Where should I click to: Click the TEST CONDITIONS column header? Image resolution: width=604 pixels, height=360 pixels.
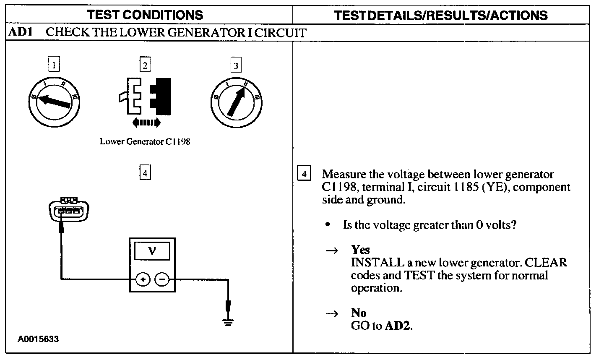pos(145,15)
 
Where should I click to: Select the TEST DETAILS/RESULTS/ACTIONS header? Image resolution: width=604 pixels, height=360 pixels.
pos(440,16)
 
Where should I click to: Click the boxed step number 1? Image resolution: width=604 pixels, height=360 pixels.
pos(54,65)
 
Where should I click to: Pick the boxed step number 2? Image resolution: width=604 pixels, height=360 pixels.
pos(145,65)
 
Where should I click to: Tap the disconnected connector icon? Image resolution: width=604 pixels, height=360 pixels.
pos(145,97)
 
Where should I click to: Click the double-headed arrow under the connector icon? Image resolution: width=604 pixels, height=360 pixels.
pos(146,123)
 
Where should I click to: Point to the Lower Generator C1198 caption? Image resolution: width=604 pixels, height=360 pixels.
pos(145,141)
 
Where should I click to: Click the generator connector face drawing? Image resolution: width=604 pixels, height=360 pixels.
pos(69,209)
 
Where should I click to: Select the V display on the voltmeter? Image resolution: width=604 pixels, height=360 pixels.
pos(152,251)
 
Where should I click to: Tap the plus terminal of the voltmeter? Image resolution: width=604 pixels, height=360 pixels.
pos(143,279)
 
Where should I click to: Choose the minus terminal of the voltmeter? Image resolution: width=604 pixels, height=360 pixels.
pos(162,279)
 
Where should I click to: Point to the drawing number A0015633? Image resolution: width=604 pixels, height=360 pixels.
pos(38,339)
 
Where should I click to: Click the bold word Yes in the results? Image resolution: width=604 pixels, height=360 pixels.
pos(360,250)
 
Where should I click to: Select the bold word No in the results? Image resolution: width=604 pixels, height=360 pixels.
pos(359,313)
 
